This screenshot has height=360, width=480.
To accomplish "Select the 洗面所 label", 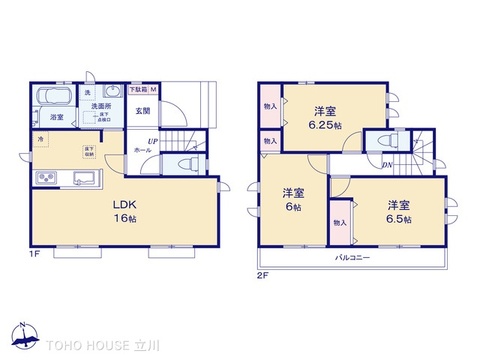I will (101, 106).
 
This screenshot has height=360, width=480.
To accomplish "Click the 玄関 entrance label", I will (143, 110).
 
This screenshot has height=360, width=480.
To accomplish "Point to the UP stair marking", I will (151, 141).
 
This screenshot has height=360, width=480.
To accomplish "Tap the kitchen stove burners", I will (47, 180).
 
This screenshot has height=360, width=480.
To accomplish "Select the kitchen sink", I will (82, 180).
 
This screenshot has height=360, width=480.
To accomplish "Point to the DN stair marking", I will (387, 165).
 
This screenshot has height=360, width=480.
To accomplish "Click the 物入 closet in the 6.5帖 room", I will (339, 222).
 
